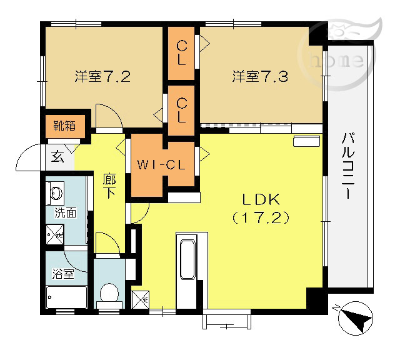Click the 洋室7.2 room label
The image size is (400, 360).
[102, 76]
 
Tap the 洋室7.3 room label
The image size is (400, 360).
[260, 76]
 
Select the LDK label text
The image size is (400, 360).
[261, 200]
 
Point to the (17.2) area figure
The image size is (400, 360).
[261, 218]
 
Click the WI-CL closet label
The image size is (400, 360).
[161, 165]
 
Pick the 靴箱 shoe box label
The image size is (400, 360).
[64, 126]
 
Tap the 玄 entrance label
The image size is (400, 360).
[57, 157]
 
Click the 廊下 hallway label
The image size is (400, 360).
[109, 186]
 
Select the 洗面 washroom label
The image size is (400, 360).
[66, 212]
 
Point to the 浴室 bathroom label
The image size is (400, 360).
[63, 274]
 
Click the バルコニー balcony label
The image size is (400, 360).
[348, 166]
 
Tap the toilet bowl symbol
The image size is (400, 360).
[109, 296]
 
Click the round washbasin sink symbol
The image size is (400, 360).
[56, 192]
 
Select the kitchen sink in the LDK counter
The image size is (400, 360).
[188, 259]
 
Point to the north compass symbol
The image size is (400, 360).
[355, 318]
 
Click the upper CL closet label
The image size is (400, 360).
[181, 53]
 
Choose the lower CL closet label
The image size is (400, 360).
[181, 111]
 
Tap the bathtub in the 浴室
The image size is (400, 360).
[67, 297]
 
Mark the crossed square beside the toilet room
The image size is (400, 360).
[140, 300]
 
